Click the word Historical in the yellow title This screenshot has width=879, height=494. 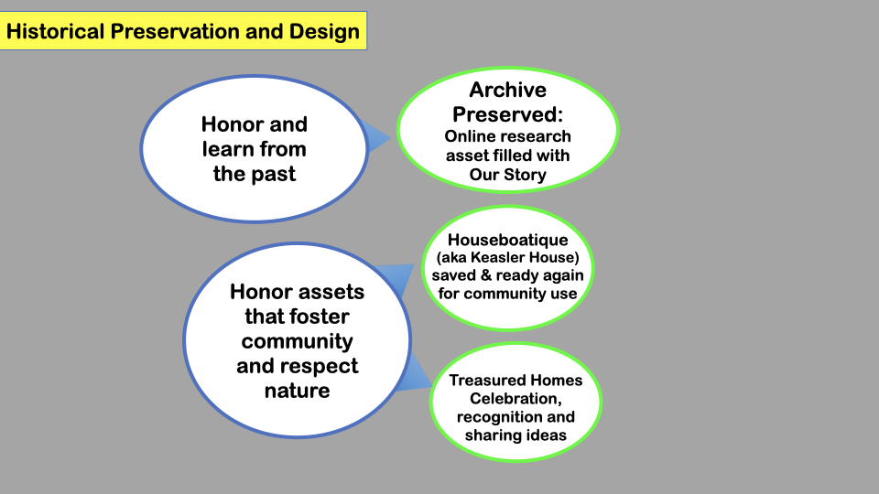55,31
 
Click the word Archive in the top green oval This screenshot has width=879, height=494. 508,90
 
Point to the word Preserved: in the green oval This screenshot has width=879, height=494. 508,114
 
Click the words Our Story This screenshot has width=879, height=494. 508,175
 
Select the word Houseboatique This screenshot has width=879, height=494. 508,241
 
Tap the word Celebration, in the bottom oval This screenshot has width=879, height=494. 515,399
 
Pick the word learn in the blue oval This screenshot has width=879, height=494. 226,149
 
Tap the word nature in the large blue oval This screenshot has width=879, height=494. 297,391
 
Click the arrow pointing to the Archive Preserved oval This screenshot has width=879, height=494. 376,137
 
